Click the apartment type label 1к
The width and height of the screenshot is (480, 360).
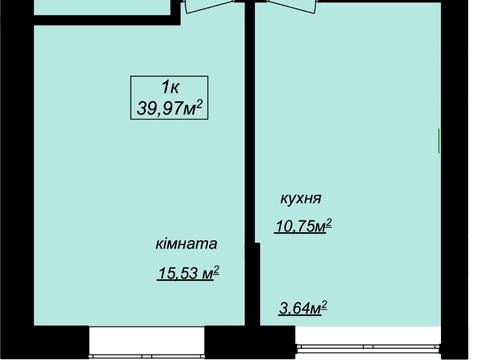tap(169, 86)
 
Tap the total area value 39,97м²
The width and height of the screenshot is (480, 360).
tap(169, 106)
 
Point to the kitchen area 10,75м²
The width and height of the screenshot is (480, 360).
tap(302, 226)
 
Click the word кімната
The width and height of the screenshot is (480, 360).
tap(186, 244)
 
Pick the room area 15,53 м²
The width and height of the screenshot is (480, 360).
tap(187, 272)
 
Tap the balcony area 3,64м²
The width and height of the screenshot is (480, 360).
tap(302, 307)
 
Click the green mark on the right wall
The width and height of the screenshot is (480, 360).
tap(440, 142)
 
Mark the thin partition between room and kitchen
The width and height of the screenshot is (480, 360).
tap(250, 130)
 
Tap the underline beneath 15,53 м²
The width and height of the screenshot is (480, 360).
tap(187, 281)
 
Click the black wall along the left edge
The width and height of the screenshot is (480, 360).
tap(15, 180)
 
